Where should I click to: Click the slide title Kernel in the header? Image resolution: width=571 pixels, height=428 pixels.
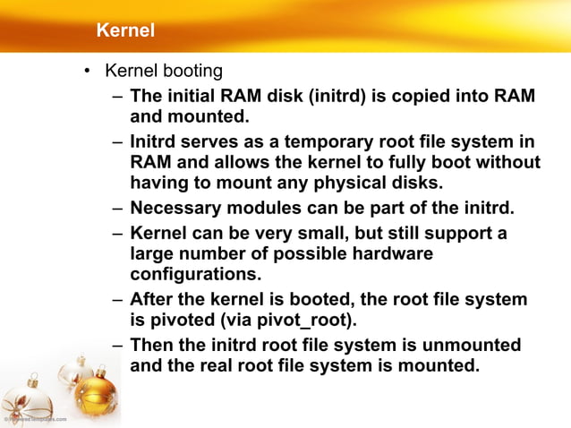(125, 31)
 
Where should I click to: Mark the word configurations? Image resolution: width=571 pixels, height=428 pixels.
(195, 274)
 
